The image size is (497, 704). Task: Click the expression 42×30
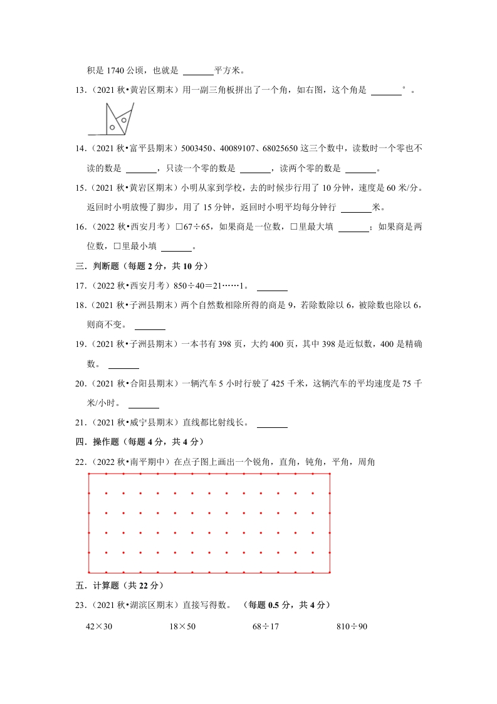coord(98,626)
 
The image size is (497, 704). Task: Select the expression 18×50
coord(182,626)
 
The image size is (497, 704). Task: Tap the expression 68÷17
coord(266,626)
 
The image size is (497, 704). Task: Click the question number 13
coord(80,90)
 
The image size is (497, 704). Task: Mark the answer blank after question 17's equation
coord(272,289)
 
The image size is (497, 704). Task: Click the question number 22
coord(80,462)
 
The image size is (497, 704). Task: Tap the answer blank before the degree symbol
coord(386,93)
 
